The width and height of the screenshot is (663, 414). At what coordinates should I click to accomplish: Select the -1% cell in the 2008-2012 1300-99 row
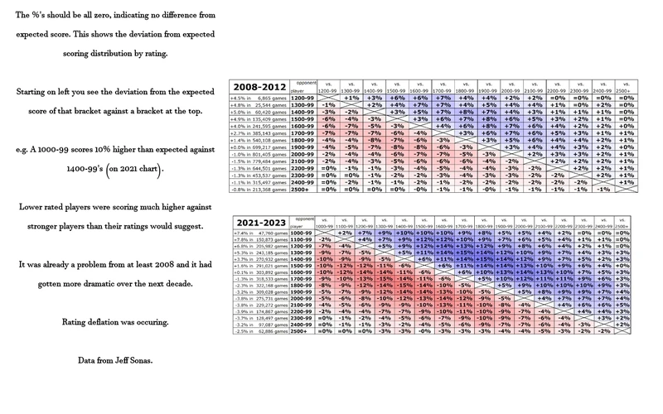(x=327, y=105)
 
